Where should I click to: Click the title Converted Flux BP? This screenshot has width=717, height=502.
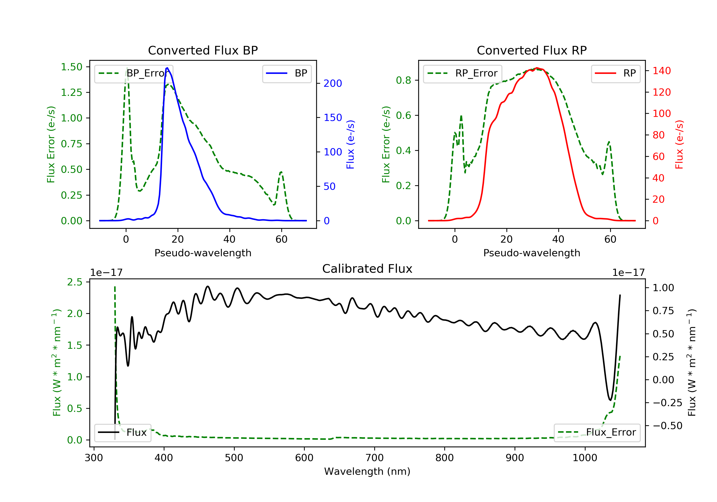pyautogui.click(x=203, y=50)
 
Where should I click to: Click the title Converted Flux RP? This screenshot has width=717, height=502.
pyautogui.click(x=532, y=50)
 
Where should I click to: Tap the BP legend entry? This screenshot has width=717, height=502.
pyautogui.click(x=287, y=73)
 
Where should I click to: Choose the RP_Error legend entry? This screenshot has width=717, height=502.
pyautogui.click(x=462, y=73)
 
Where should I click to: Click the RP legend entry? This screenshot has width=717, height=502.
pyautogui.click(x=615, y=73)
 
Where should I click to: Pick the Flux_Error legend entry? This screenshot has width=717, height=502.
pyautogui.click(x=597, y=432)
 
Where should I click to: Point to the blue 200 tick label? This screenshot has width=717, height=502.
pyautogui.click(x=333, y=83)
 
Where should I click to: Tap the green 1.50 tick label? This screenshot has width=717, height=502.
pyautogui.click(x=71, y=67)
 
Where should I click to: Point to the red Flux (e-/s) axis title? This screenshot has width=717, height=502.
pyautogui.click(x=679, y=144)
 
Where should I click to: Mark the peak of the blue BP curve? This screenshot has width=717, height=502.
pyautogui.click(x=167, y=68)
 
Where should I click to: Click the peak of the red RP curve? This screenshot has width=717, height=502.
pyautogui.click(x=537, y=68)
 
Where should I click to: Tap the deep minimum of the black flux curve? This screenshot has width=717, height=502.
pyautogui.click(x=610, y=400)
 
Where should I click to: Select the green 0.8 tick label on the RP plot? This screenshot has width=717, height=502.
pyautogui.click(x=403, y=80)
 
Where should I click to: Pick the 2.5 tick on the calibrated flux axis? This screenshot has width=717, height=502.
pyautogui.click(x=75, y=282)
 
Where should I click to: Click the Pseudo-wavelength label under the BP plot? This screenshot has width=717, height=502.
pyautogui.click(x=203, y=253)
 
